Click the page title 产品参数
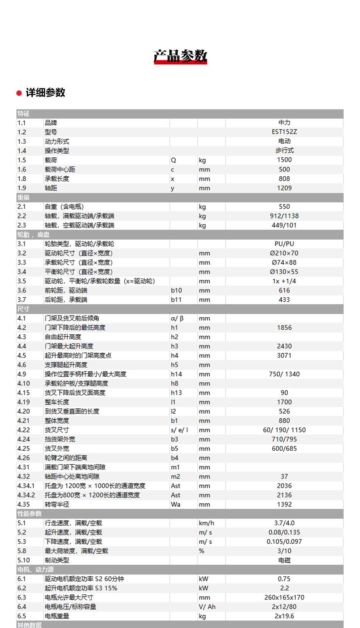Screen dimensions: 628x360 tap(180, 56)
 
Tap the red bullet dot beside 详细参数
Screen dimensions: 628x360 tap(19, 93)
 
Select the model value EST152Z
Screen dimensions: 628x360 tap(284, 132)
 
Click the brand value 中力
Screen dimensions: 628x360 tap(284, 122)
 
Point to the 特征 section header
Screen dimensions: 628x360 tap(23, 114)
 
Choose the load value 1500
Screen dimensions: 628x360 tap(284, 160)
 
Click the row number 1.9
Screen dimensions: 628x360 tap(22, 188)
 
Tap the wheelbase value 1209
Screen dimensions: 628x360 tap(284, 188)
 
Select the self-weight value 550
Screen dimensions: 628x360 tap(284, 206)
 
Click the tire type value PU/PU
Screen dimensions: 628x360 tap(284, 244)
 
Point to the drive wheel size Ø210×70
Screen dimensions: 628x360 tap(284, 253)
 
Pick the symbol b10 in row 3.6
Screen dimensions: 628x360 tap(176, 290)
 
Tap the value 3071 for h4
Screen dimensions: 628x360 tap(284, 355)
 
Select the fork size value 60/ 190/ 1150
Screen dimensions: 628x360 tap(284, 430)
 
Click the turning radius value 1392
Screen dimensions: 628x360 tap(284, 504)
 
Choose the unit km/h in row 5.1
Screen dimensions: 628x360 tap(206, 523)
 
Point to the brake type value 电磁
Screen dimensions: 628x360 tap(284, 560)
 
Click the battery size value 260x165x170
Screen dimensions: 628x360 tap(284, 597)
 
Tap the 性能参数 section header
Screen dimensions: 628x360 tap(30, 514)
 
